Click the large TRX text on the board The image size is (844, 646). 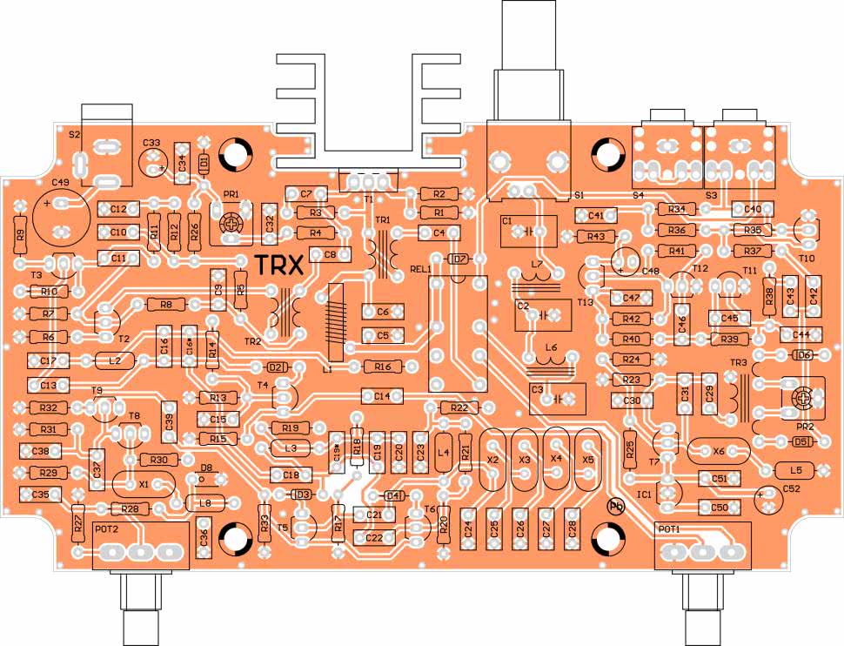(x=278, y=265)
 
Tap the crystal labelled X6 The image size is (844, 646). (x=718, y=450)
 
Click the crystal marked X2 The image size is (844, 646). (x=492, y=459)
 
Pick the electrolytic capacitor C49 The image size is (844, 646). (x=60, y=215)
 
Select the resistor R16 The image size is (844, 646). (x=382, y=367)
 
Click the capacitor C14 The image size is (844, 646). (x=382, y=396)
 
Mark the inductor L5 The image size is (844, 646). (x=794, y=469)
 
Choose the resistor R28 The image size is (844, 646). (x=130, y=508)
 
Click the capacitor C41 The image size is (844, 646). (x=596, y=215)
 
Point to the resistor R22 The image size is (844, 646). (x=459, y=407)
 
